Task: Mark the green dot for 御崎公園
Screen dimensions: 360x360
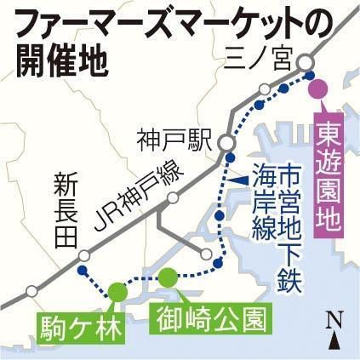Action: [169, 275]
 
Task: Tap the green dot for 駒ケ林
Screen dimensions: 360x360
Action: [117, 291]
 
